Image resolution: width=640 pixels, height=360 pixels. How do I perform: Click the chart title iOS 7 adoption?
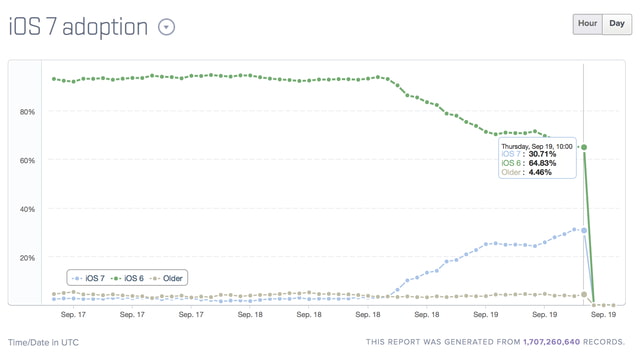[79, 26]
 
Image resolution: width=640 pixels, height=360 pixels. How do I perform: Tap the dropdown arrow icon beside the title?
[166, 27]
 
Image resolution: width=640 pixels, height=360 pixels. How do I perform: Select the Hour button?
[586, 24]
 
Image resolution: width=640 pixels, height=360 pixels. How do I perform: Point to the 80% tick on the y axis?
[27, 112]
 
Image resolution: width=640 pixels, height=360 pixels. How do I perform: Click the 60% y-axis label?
[27, 160]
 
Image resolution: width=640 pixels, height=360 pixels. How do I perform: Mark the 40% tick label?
[27, 209]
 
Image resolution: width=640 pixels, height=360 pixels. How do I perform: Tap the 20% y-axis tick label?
[27, 257]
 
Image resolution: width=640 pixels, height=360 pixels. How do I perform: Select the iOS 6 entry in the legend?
[130, 277]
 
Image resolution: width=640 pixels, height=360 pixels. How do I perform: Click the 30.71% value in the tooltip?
[541, 154]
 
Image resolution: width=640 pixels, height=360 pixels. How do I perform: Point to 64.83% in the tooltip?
[541, 163]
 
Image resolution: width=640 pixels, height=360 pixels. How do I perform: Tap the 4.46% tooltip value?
[538, 172]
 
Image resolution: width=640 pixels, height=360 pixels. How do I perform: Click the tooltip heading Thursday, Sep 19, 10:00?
[537, 145]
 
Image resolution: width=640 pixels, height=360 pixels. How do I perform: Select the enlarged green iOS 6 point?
[584, 147]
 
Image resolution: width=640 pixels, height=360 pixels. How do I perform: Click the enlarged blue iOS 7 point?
[584, 231]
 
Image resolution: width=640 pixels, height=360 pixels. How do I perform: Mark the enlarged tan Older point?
[584, 294]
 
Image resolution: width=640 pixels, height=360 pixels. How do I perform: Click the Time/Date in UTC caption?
[43, 342]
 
